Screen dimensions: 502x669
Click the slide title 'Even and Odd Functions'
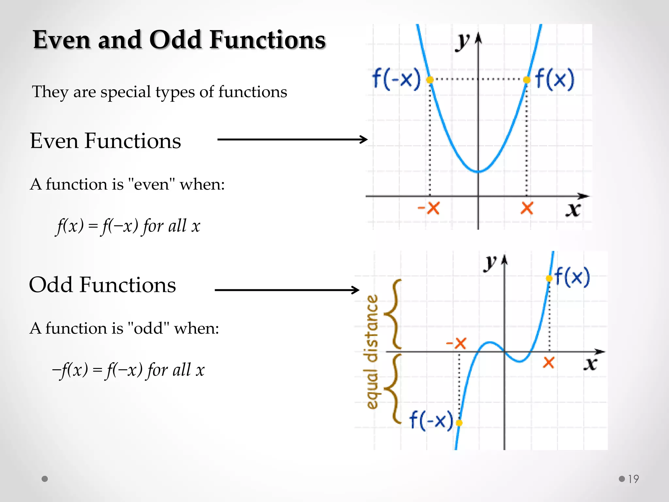tap(179, 40)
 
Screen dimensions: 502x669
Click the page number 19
tap(633, 479)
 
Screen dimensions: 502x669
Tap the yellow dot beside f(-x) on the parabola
tap(430, 79)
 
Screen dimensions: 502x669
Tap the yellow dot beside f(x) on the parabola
tap(527, 79)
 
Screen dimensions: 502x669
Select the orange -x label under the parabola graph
tap(429, 208)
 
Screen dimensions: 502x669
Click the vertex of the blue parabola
tap(478, 171)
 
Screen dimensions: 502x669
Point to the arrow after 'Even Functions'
tap(292, 140)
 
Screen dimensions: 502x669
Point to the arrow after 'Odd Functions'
tap(287, 290)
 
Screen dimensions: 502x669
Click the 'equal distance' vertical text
tap(371, 352)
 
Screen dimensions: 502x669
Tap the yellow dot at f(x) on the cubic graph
tap(549, 278)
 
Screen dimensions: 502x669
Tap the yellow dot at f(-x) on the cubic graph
tap(459, 423)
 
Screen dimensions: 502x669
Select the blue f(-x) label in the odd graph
tap(431, 420)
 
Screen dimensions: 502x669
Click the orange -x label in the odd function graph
tap(456, 343)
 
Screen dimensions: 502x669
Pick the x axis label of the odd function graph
tap(591, 364)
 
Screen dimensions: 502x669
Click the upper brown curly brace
tap(393, 314)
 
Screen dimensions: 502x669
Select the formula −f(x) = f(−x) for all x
tap(128, 370)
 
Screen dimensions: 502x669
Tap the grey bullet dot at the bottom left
tap(45, 479)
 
